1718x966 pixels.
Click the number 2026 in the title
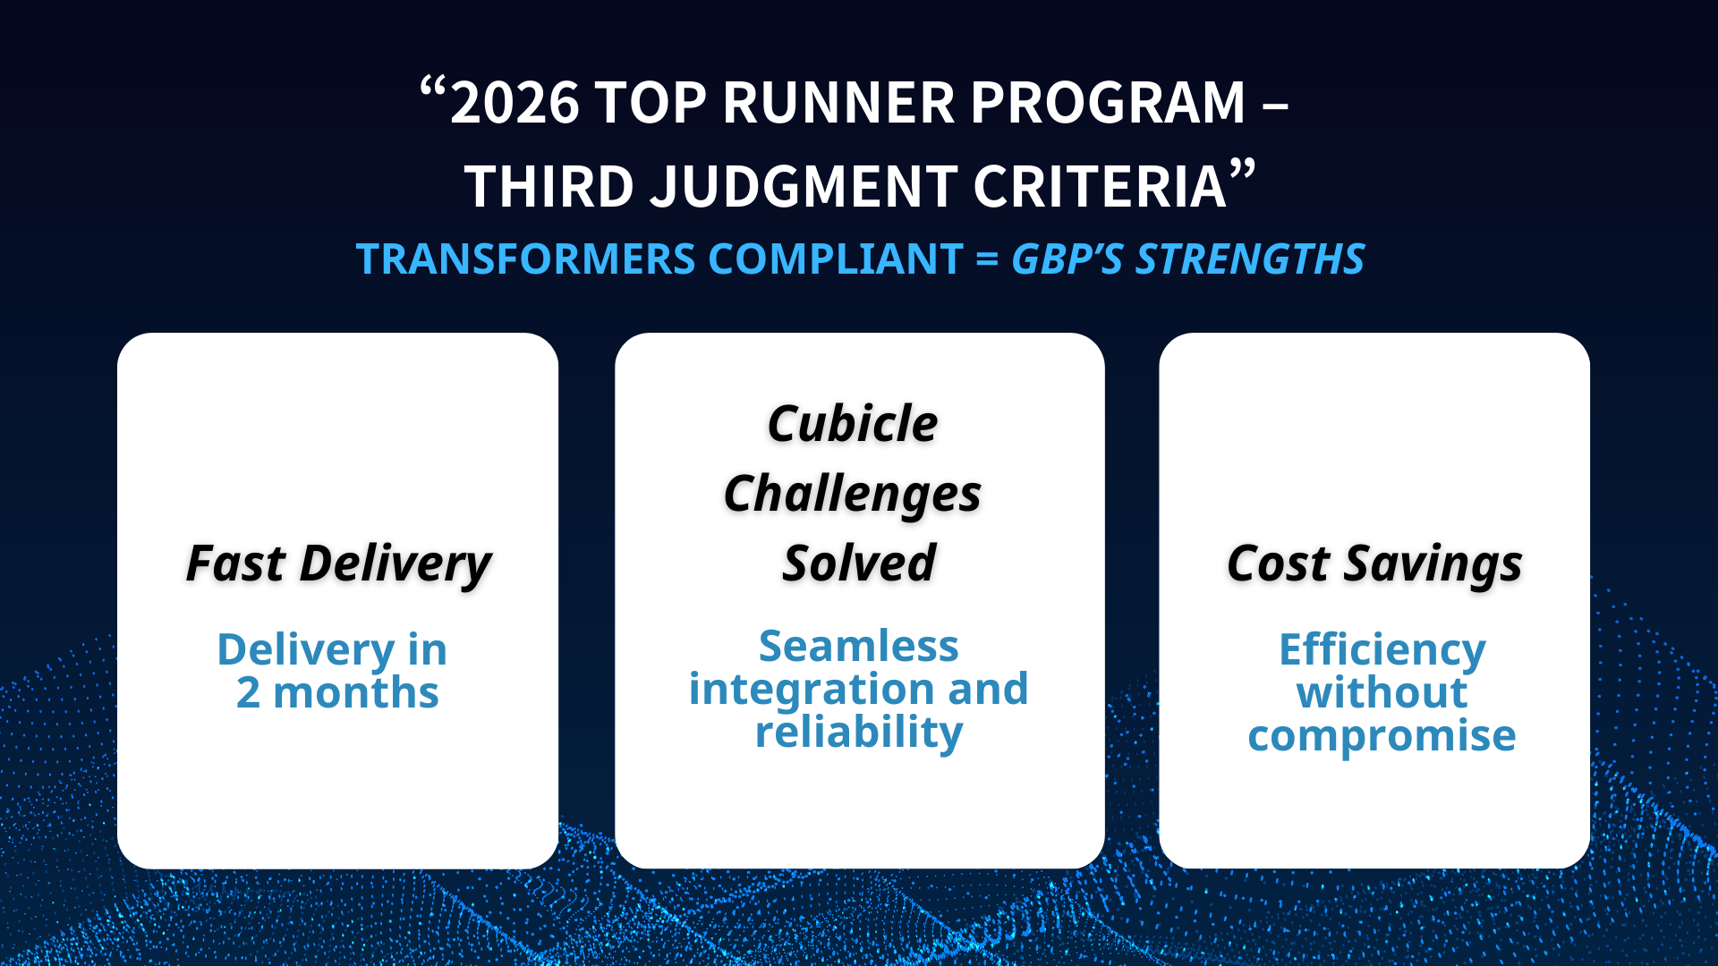(515, 103)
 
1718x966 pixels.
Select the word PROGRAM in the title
(1109, 103)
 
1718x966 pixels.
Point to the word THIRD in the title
(549, 187)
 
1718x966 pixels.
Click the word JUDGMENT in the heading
(804, 187)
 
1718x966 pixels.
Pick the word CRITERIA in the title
(1100, 187)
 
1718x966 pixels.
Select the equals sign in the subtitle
(987, 260)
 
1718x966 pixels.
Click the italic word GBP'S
(1067, 259)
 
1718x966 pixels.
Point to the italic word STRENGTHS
(1251, 259)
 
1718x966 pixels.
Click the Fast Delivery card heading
(338, 564)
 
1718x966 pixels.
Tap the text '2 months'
(337, 693)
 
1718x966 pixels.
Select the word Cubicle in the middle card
(853, 424)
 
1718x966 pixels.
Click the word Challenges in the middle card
(853, 495)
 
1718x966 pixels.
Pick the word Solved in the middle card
(859, 564)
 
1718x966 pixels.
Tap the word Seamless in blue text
(859, 646)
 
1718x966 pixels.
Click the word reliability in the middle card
(859, 733)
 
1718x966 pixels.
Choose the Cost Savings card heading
(1374, 564)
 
